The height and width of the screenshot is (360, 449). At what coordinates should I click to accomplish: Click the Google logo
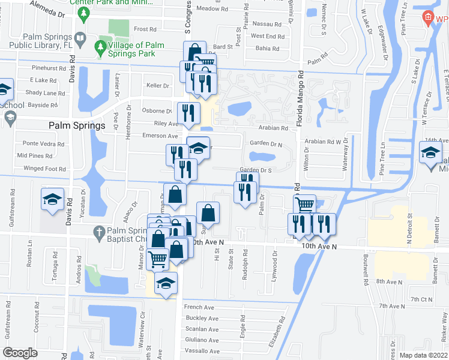pyautogui.click(x=20, y=353)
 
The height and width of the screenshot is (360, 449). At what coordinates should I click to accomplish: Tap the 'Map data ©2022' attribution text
pyautogui.click(x=423, y=355)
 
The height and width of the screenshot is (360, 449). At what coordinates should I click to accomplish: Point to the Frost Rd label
pyautogui.click(x=145, y=29)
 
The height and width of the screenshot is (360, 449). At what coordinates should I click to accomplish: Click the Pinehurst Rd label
pyautogui.click(x=49, y=68)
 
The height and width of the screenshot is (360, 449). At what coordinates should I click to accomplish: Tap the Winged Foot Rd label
pyautogui.click(x=43, y=169)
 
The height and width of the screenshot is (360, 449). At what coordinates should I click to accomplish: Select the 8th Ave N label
pyautogui.click(x=389, y=281)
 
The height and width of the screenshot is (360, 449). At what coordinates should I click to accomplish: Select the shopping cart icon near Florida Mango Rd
pyautogui.click(x=306, y=205)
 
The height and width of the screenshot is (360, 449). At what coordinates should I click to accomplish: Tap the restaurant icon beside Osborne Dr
pyautogui.click(x=188, y=112)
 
